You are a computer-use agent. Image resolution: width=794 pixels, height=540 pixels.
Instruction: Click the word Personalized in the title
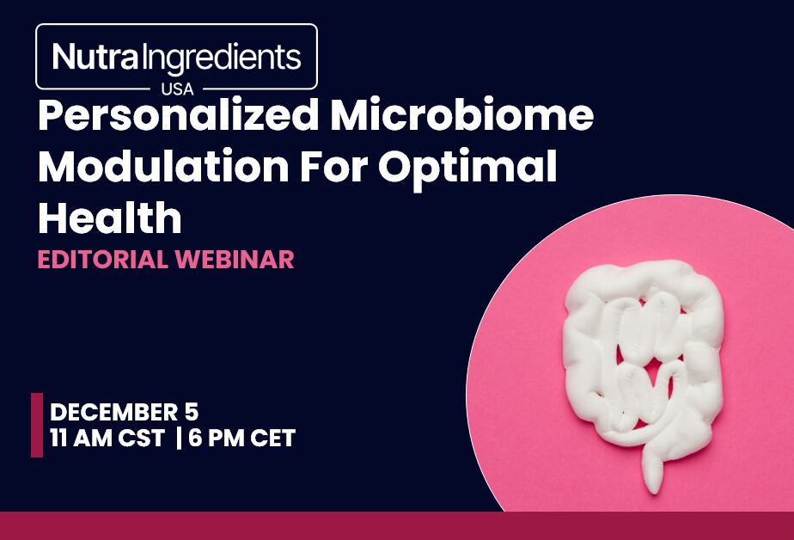click(175, 117)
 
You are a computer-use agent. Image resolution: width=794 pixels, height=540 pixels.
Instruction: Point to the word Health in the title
click(110, 218)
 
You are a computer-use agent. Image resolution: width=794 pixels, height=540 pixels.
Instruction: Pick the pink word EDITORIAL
click(102, 260)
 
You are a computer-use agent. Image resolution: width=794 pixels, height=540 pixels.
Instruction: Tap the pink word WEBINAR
click(234, 260)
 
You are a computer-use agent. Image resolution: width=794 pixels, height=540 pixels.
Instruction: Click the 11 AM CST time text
click(107, 438)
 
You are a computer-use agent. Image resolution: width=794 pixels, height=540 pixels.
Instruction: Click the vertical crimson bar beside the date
click(37, 425)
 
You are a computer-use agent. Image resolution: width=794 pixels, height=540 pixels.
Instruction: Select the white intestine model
click(640, 361)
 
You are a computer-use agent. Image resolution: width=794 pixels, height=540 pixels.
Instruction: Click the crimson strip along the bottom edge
click(397, 525)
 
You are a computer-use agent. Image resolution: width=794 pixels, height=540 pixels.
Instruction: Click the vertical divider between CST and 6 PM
click(178, 438)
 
